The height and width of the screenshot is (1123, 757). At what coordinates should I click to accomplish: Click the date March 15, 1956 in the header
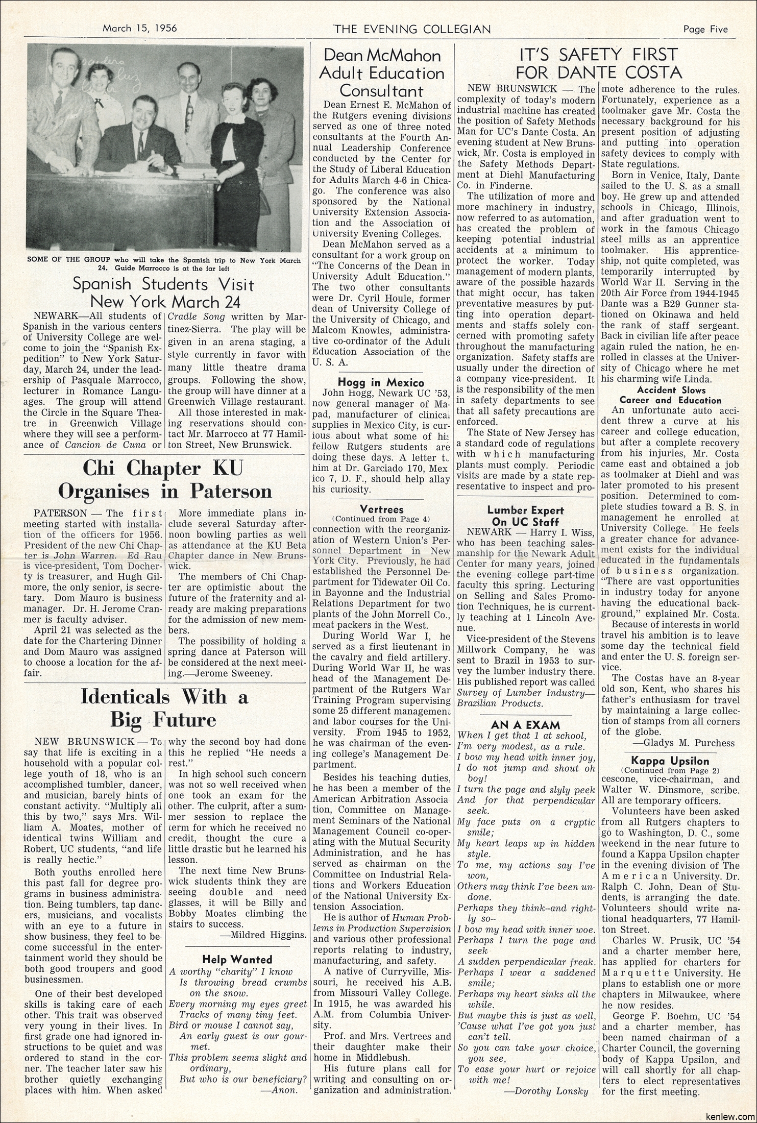point(140,29)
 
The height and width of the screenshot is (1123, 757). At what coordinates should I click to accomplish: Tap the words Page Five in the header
point(705,29)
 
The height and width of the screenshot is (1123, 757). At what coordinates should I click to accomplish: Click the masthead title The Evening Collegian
point(412,29)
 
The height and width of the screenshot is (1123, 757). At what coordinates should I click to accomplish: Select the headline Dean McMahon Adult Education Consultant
point(381,72)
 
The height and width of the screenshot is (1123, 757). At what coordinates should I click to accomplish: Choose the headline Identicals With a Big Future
point(164,708)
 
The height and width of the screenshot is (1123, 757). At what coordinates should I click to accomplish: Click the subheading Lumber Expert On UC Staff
point(525,516)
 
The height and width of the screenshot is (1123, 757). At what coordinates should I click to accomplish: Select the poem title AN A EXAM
point(525,724)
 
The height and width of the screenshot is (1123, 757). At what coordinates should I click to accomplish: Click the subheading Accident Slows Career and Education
point(669,395)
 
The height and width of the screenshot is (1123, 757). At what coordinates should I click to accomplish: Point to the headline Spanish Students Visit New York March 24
point(164,292)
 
